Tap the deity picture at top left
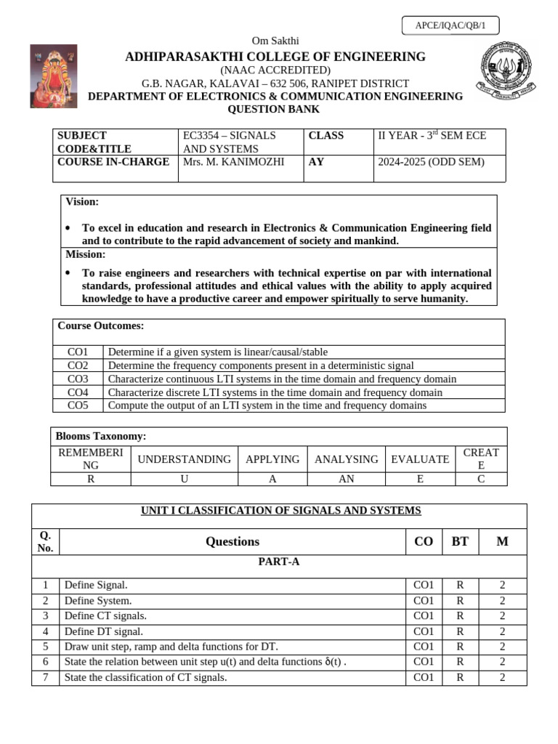pos(53,76)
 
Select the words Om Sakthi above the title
pos(275,41)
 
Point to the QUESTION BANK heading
pos(274,110)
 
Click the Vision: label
pos(82,201)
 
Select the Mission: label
pos(86,254)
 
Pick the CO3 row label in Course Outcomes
pos(78,379)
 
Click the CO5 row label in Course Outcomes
pos(78,405)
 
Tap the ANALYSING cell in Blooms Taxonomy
pos(346,459)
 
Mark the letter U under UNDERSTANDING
pos(184,479)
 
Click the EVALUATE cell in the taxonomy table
pos(419,459)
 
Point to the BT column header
pos(460,541)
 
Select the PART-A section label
pos(279,562)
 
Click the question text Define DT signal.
pos(104,631)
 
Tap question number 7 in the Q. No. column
pos(45,677)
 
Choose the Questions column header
pos(232,541)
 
